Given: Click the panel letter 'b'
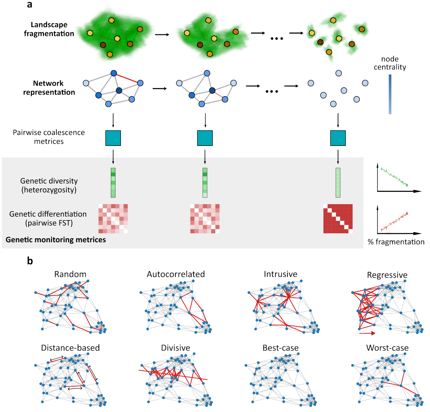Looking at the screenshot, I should pyautogui.click(x=30, y=261).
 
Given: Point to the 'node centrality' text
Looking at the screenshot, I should pyautogui.click(x=393, y=63).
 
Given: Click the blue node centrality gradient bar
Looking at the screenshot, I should pyautogui.click(x=391, y=94).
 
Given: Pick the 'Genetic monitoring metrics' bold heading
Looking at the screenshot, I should pyautogui.click(x=56, y=240).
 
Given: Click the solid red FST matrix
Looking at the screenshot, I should pyautogui.click(x=338, y=219).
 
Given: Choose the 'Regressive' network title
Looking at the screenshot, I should pyautogui.click(x=387, y=275).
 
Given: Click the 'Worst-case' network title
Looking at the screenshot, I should pyautogui.click(x=387, y=348).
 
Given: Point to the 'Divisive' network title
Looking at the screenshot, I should pyautogui.click(x=176, y=348).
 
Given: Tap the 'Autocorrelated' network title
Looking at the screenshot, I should pyautogui.click(x=176, y=275).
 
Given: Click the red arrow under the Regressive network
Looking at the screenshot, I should pyautogui.click(x=367, y=332).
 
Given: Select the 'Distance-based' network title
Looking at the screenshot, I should pyautogui.click(x=70, y=348).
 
